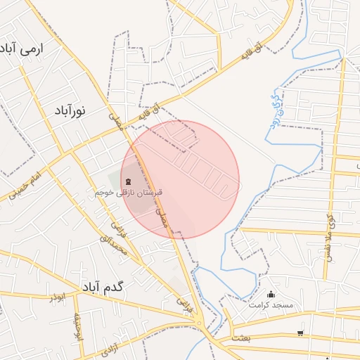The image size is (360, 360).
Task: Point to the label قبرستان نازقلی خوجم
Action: pos(129,192)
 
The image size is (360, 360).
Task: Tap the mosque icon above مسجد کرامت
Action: pos(271,295)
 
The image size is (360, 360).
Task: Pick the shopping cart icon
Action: pos(301,333)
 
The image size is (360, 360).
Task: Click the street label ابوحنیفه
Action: pos(79,326)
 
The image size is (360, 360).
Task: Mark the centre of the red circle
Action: pos(180,179)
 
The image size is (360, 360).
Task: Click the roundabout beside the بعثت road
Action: pos(200,323)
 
